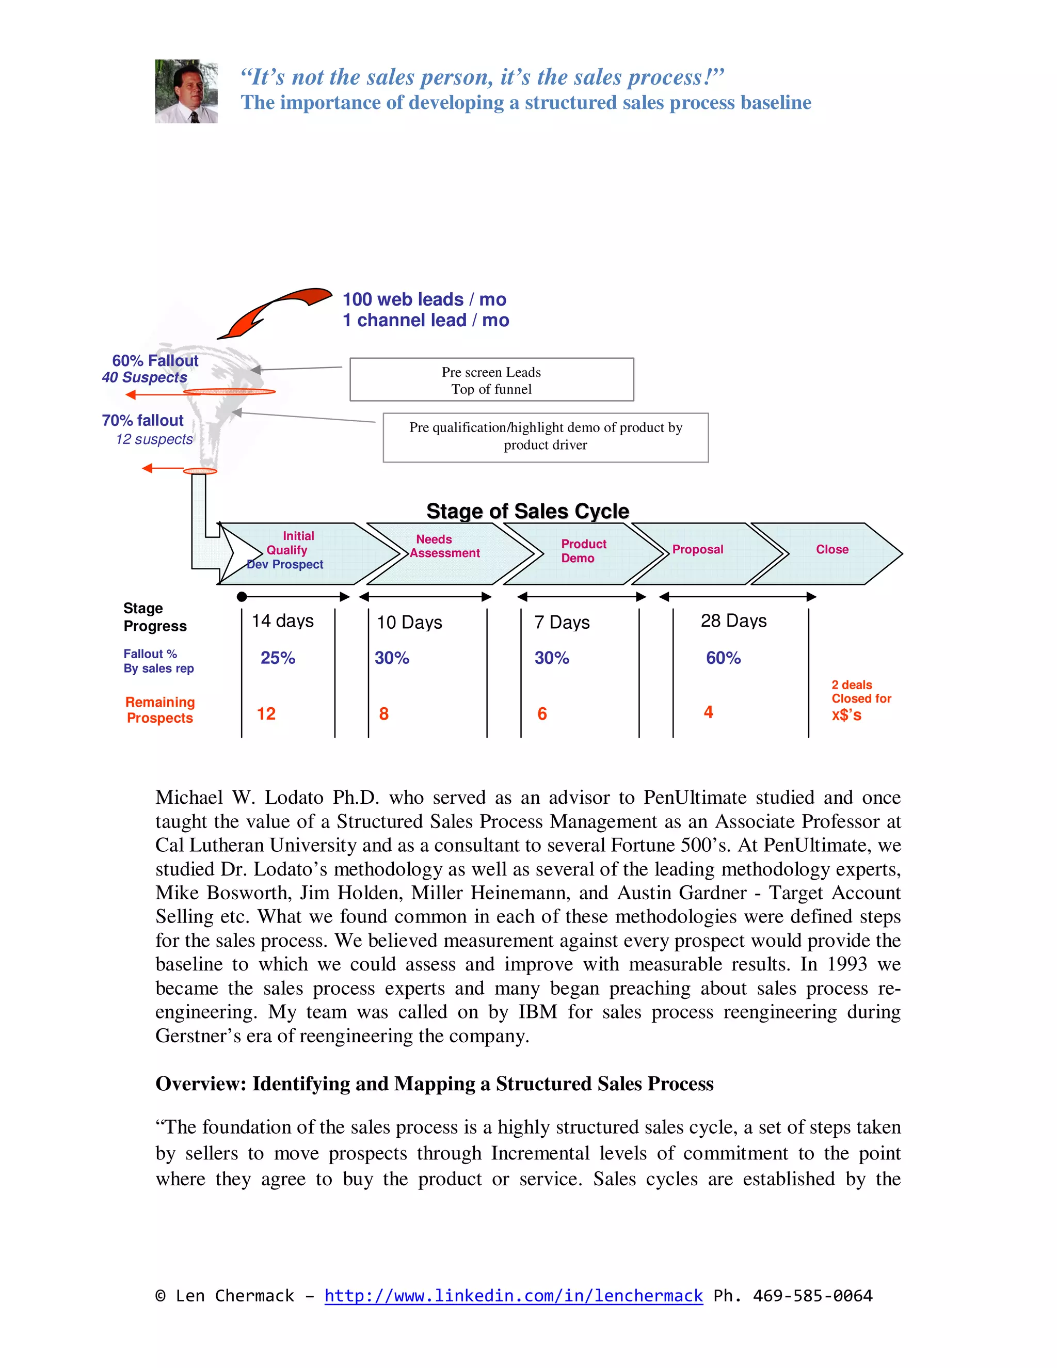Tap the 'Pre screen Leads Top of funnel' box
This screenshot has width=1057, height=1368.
point(491,379)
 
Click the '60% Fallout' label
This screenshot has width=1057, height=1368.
point(155,361)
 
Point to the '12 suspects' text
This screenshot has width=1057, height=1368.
point(154,439)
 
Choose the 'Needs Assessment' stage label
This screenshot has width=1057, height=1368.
point(444,546)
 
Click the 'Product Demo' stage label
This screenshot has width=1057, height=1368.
point(583,551)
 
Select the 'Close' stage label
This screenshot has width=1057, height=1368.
point(831,549)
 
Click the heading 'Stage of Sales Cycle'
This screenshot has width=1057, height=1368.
point(527,511)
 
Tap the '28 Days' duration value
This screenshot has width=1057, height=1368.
point(733,621)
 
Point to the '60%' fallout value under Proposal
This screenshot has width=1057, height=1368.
point(723,658)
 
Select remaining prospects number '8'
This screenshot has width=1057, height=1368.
point(384,713)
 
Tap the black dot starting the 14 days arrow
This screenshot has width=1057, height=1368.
point(242,597)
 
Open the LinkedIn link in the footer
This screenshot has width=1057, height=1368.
point(513,1295)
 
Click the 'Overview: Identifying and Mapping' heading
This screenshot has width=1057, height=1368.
point(434,1083)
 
